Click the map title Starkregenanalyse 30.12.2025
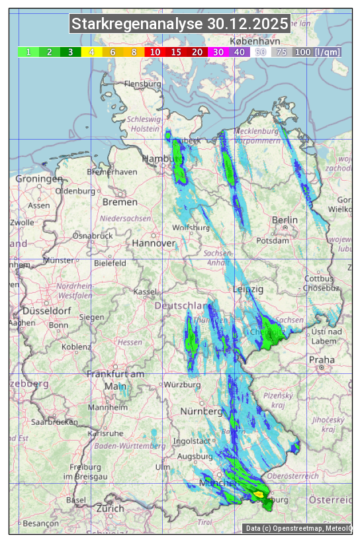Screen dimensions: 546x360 click(x=180, y=24)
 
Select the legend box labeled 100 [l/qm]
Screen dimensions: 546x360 click(x=308, y=52)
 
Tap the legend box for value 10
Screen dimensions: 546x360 click(x=155, y=52)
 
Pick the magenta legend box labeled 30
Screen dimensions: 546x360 click(x=218, y=52)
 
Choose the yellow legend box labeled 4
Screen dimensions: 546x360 click(x=92, y=52)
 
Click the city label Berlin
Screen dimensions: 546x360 click(x=285, y=220)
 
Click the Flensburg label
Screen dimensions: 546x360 click(x=143, y=85)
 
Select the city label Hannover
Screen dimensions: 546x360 click(x=154, y=243)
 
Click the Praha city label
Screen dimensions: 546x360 click(x=322, y=360)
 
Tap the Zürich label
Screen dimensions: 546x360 click(x=110, y=508)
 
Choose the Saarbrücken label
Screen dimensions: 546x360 click(x=56, y=422)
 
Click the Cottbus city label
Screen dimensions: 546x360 click(x=319, y=279)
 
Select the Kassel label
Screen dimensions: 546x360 click(x=145, y=292)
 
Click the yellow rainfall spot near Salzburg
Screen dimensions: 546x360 click(x=259, y=494)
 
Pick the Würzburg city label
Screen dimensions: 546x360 click(x=183, y=385)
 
